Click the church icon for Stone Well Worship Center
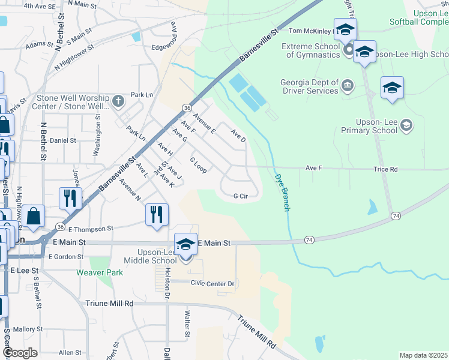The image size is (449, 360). click(x=118, y=100)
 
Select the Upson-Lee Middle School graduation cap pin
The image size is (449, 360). click(x=185, y=245)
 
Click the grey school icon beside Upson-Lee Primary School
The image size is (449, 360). click(x=406, y=125)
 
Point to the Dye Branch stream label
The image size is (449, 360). click(x=282, y=191)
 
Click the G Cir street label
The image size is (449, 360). click(x=240, y=196)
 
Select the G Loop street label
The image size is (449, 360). click(x=198, y=166)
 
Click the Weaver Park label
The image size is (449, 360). click(x=100, y=272)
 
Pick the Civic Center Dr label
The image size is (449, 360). click(x=212, y=283)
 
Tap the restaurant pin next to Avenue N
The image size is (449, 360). click(x=157, y=214)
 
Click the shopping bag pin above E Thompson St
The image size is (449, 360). click(x=35, y=216)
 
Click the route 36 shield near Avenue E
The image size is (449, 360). click(x=187, y=107)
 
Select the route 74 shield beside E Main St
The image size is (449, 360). click(x=309, y=240)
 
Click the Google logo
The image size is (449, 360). click(x=20, y=353)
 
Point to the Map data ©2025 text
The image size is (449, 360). click(x=423, y=355)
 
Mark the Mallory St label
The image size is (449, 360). click(x=28, y=329)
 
